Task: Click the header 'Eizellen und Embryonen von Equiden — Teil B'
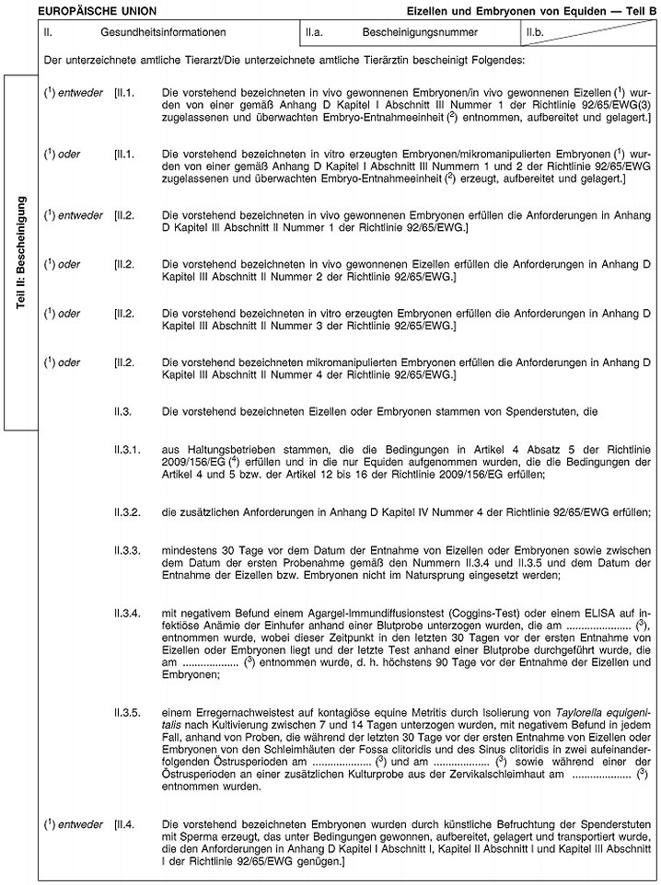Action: point(532,10)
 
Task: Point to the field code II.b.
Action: point(537,32)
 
